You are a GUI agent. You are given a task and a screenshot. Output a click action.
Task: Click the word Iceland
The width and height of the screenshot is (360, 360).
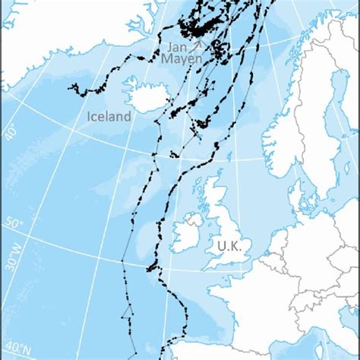click(x=109, y=116)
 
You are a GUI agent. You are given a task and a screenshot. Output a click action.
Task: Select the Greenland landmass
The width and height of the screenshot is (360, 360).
click(x=46, y=30)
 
